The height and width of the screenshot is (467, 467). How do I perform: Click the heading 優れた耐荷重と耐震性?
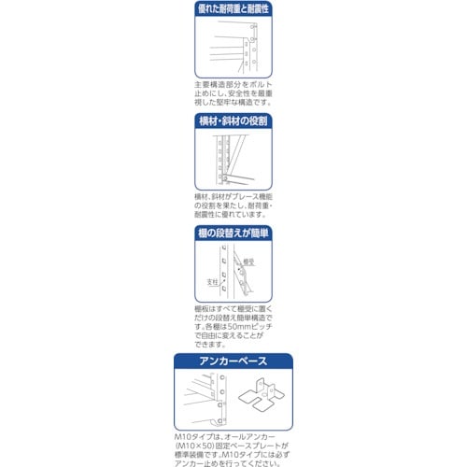[233, 7]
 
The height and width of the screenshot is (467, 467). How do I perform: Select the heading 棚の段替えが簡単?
[233, 233]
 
